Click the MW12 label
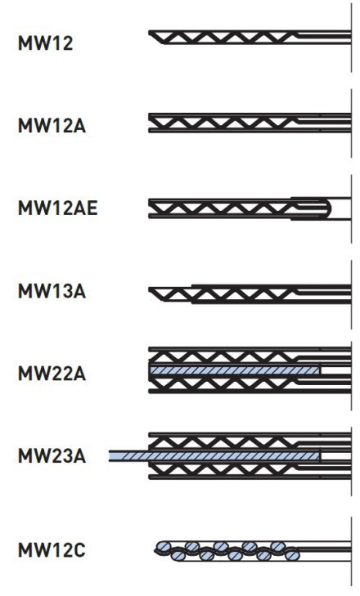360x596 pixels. tap(45, 43)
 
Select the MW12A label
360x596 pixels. tap(52, 125)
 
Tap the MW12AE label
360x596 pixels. tap(58, 208)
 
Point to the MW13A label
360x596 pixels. tap(52, 291)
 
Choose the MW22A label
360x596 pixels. tap(52, 374)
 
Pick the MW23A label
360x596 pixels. tap(52, 455)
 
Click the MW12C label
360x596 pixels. tap(52, 550)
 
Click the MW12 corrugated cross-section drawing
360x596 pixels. tap(250, 38)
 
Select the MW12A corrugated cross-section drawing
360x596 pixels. tap(250, 123)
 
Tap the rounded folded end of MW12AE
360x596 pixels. tap(326, 208)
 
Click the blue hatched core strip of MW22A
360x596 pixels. tap(235, 370)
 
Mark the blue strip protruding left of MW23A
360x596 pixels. tap(128, 455)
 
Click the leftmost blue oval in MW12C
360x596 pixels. tap(164, 546)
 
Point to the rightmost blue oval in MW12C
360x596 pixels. tap(292, 556)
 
